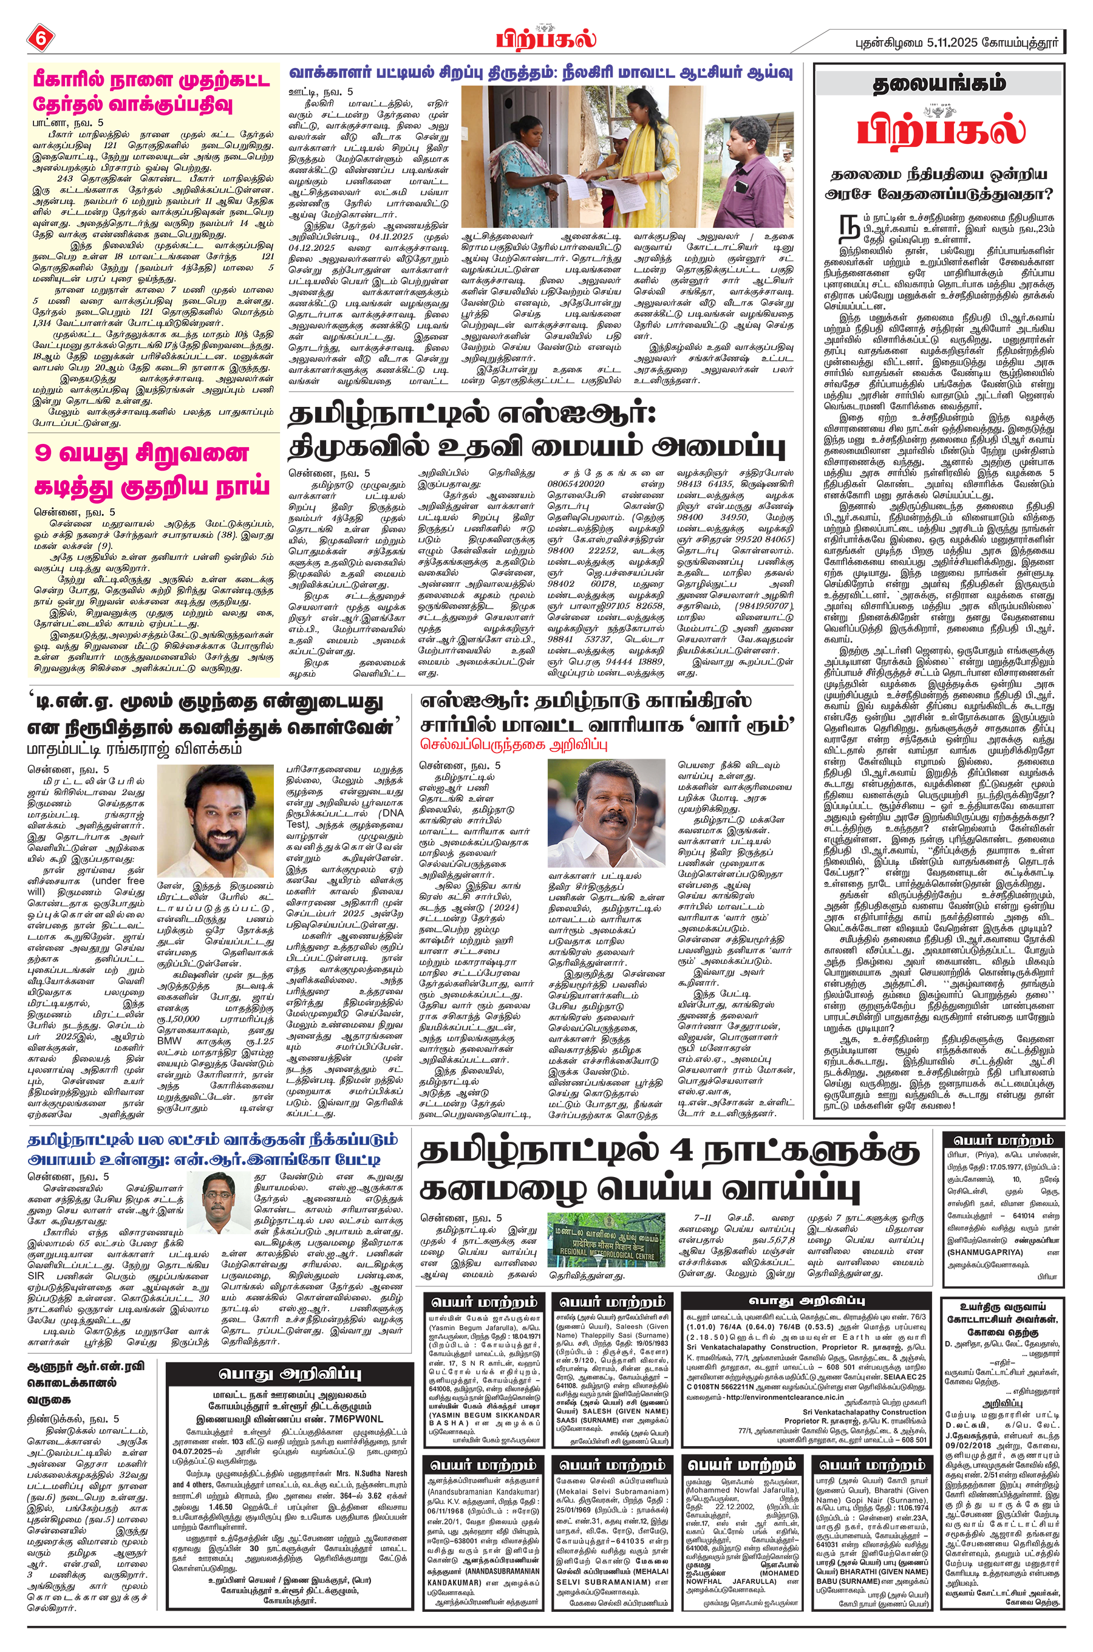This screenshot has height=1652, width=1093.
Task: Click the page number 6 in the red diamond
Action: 39,39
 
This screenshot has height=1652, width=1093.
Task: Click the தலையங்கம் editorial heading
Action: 939,84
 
